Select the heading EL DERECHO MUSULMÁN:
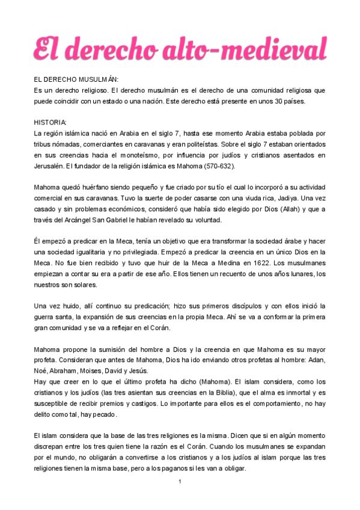coord(76,79)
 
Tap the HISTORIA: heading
coord(50,121)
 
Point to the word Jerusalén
coord(50,165)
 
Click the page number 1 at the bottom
coord(180,482)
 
